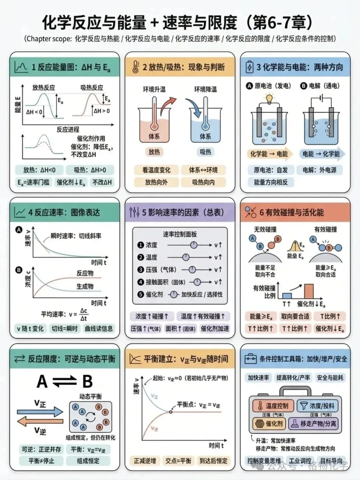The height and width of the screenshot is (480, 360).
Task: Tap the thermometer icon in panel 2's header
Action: click(x=135, y=67)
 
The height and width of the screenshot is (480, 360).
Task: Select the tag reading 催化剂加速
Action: click(x=215, y=329)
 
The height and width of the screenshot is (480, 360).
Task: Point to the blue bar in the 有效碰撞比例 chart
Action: click(x=287, y=295)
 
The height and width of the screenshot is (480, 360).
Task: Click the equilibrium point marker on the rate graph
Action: click(x=171, y=412)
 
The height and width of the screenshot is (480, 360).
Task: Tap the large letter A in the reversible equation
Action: click(x=42, y=382)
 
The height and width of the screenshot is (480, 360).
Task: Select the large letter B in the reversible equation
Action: click(x=87, y=382)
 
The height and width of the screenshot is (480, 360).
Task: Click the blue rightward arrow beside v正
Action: click(x=40, y=412)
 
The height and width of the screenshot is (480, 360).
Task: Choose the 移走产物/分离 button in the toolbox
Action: click(x=314, y=423)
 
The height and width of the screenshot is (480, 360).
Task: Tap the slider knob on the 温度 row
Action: click(x=186, y=257)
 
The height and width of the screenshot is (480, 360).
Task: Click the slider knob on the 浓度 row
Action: click(x=193, y=245)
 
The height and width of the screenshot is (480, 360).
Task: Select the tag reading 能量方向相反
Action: click(x=270, y=182)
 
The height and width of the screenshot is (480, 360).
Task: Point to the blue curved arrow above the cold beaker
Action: click(x=194, y=107)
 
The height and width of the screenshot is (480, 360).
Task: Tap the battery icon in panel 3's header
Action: click(x=249, y=67)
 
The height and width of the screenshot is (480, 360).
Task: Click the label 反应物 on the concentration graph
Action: click(x=85, y=273)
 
